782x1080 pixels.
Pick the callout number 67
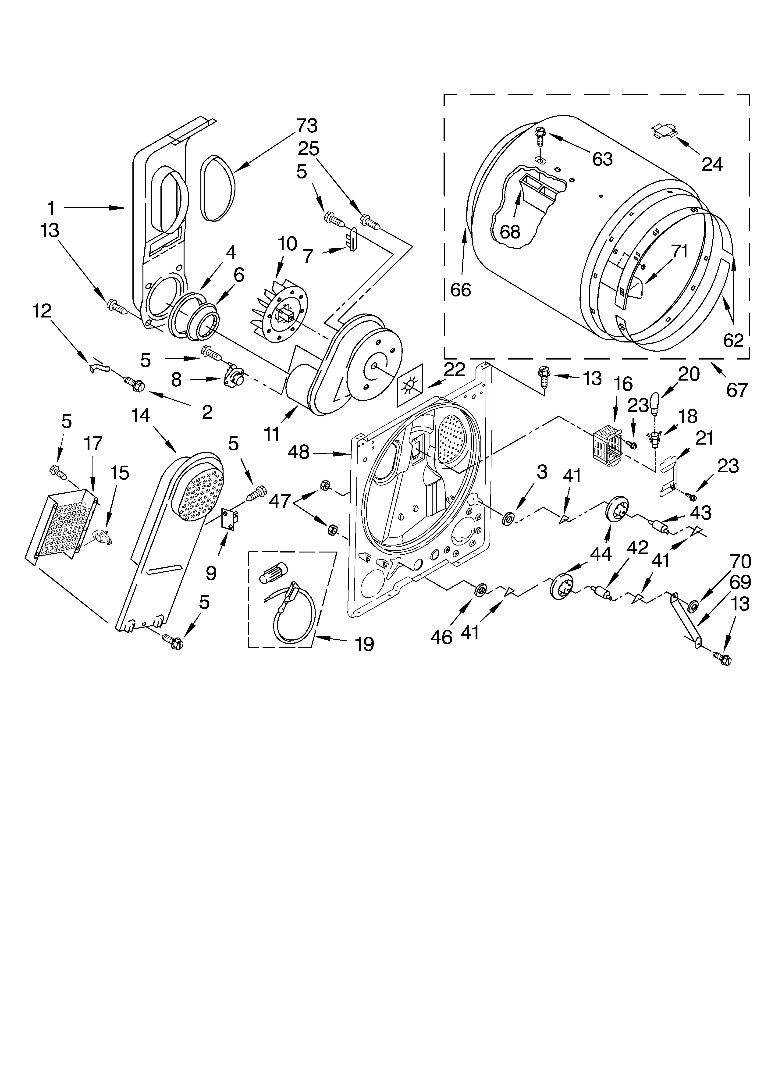[x=737, y=390]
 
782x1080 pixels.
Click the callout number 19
[x=364, y=644]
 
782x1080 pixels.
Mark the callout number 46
[x=441, y=637]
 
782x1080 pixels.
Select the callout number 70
[x=741, y=562]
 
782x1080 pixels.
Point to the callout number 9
[x=211, y=573]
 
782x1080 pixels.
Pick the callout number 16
[x=623, y=384]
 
